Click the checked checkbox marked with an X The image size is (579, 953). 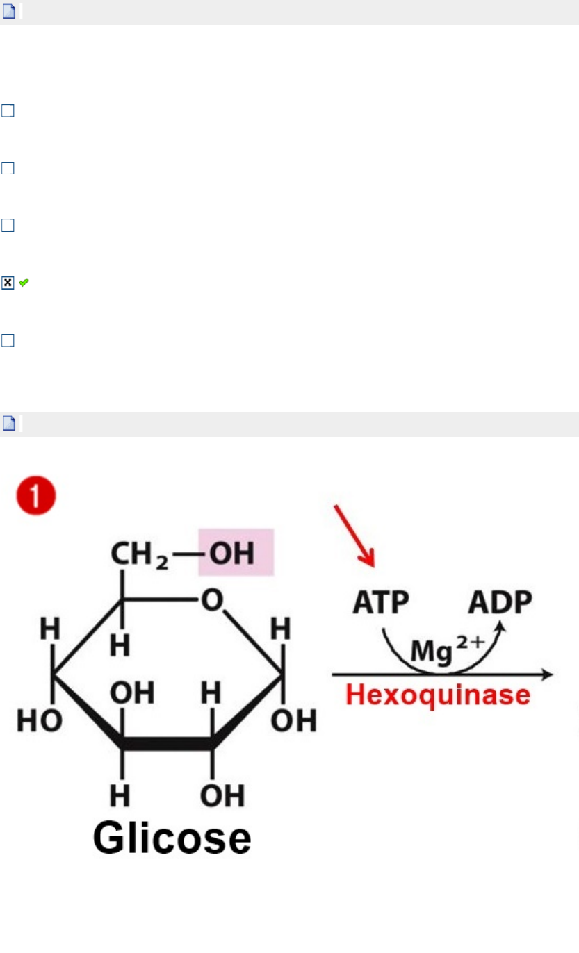[x=8, y=283]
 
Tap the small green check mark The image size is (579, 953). [x=24, y=283]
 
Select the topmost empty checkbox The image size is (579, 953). [x=8, y=111]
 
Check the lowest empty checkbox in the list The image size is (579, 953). [x=8, y=340]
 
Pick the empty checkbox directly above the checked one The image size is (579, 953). [x=8, y=226]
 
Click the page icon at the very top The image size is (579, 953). [x=9, y=12]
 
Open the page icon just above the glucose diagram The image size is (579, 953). [x=9, y=423]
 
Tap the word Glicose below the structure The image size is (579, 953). [x=172, y=838]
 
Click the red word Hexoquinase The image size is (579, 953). [x=438, y=695]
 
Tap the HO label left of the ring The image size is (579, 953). [x=40, y=721]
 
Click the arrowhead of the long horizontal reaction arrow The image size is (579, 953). [x=547, y=674]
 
